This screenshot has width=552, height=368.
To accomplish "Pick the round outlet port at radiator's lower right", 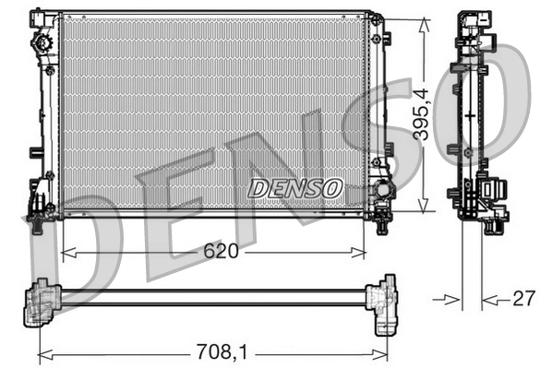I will tap(378, 195).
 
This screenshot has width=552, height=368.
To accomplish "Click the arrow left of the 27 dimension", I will tap(451, 298).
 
